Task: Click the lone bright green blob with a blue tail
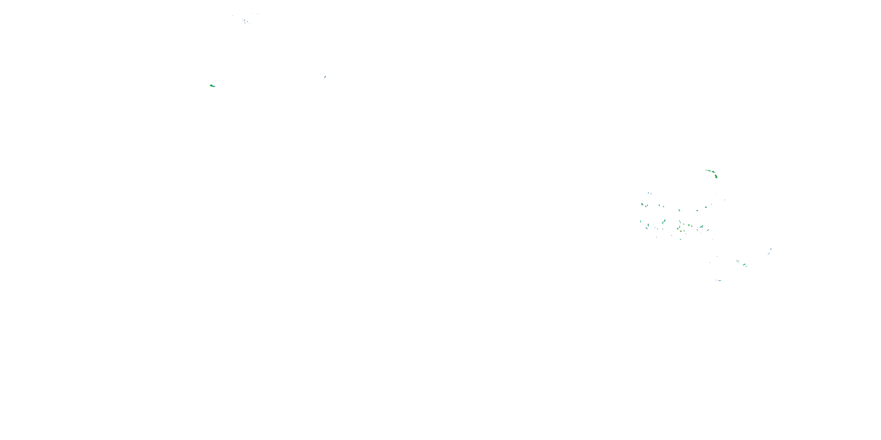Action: [x=212, y=85]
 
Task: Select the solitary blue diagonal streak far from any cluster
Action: [x=325, y=77]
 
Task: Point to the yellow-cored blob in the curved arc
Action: [x=713, y=172]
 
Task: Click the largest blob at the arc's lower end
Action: [x=716, y=176]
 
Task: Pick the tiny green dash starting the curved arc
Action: [x=706, y=170]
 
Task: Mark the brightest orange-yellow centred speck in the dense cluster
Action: [x=681, y=231]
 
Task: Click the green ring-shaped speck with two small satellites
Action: [x=702, y=227]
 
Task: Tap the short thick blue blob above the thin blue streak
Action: [x=771, y=249]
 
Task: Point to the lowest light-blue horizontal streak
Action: [x=719, y=280]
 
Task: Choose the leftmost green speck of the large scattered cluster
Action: [x=640, y=221]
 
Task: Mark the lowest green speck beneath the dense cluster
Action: [x=681, y=239]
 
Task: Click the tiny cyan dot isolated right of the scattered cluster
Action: [x=725, y=200]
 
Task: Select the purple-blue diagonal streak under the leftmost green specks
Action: [x=647, y=228]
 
